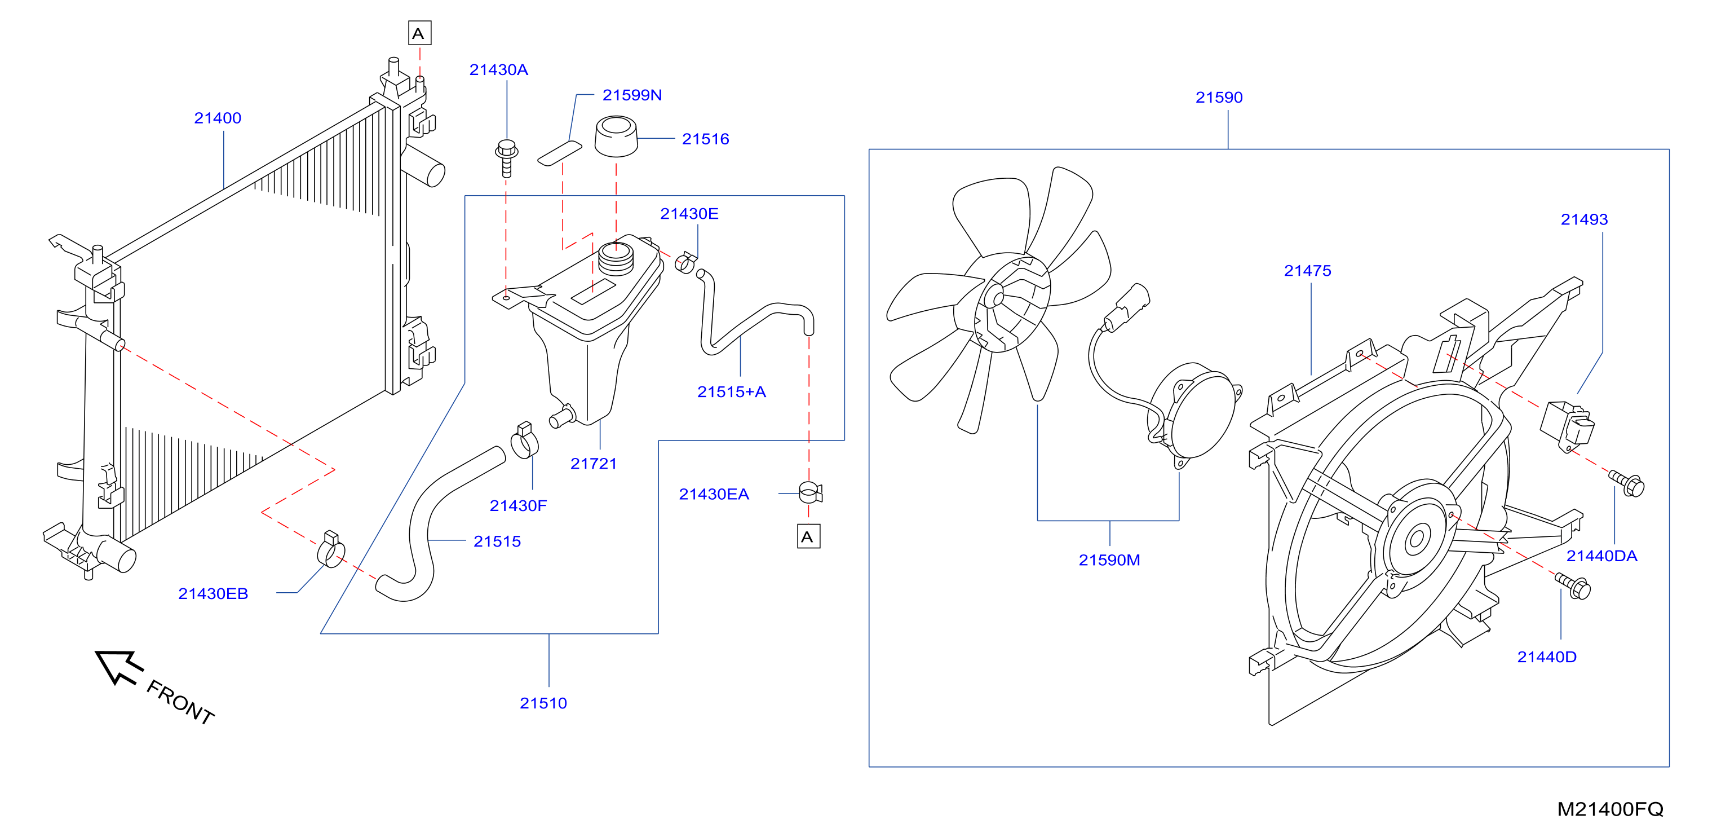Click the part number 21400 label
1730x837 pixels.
tap(218, 118)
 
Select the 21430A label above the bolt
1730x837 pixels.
tap(498, 70)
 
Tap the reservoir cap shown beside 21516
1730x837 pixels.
tap(616, 136)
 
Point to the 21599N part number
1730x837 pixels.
tap(632, 95)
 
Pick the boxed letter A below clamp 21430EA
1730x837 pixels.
tap(808, 537)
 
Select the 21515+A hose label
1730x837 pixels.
tap(731, 393)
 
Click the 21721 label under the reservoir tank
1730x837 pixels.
tap(594, 464)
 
